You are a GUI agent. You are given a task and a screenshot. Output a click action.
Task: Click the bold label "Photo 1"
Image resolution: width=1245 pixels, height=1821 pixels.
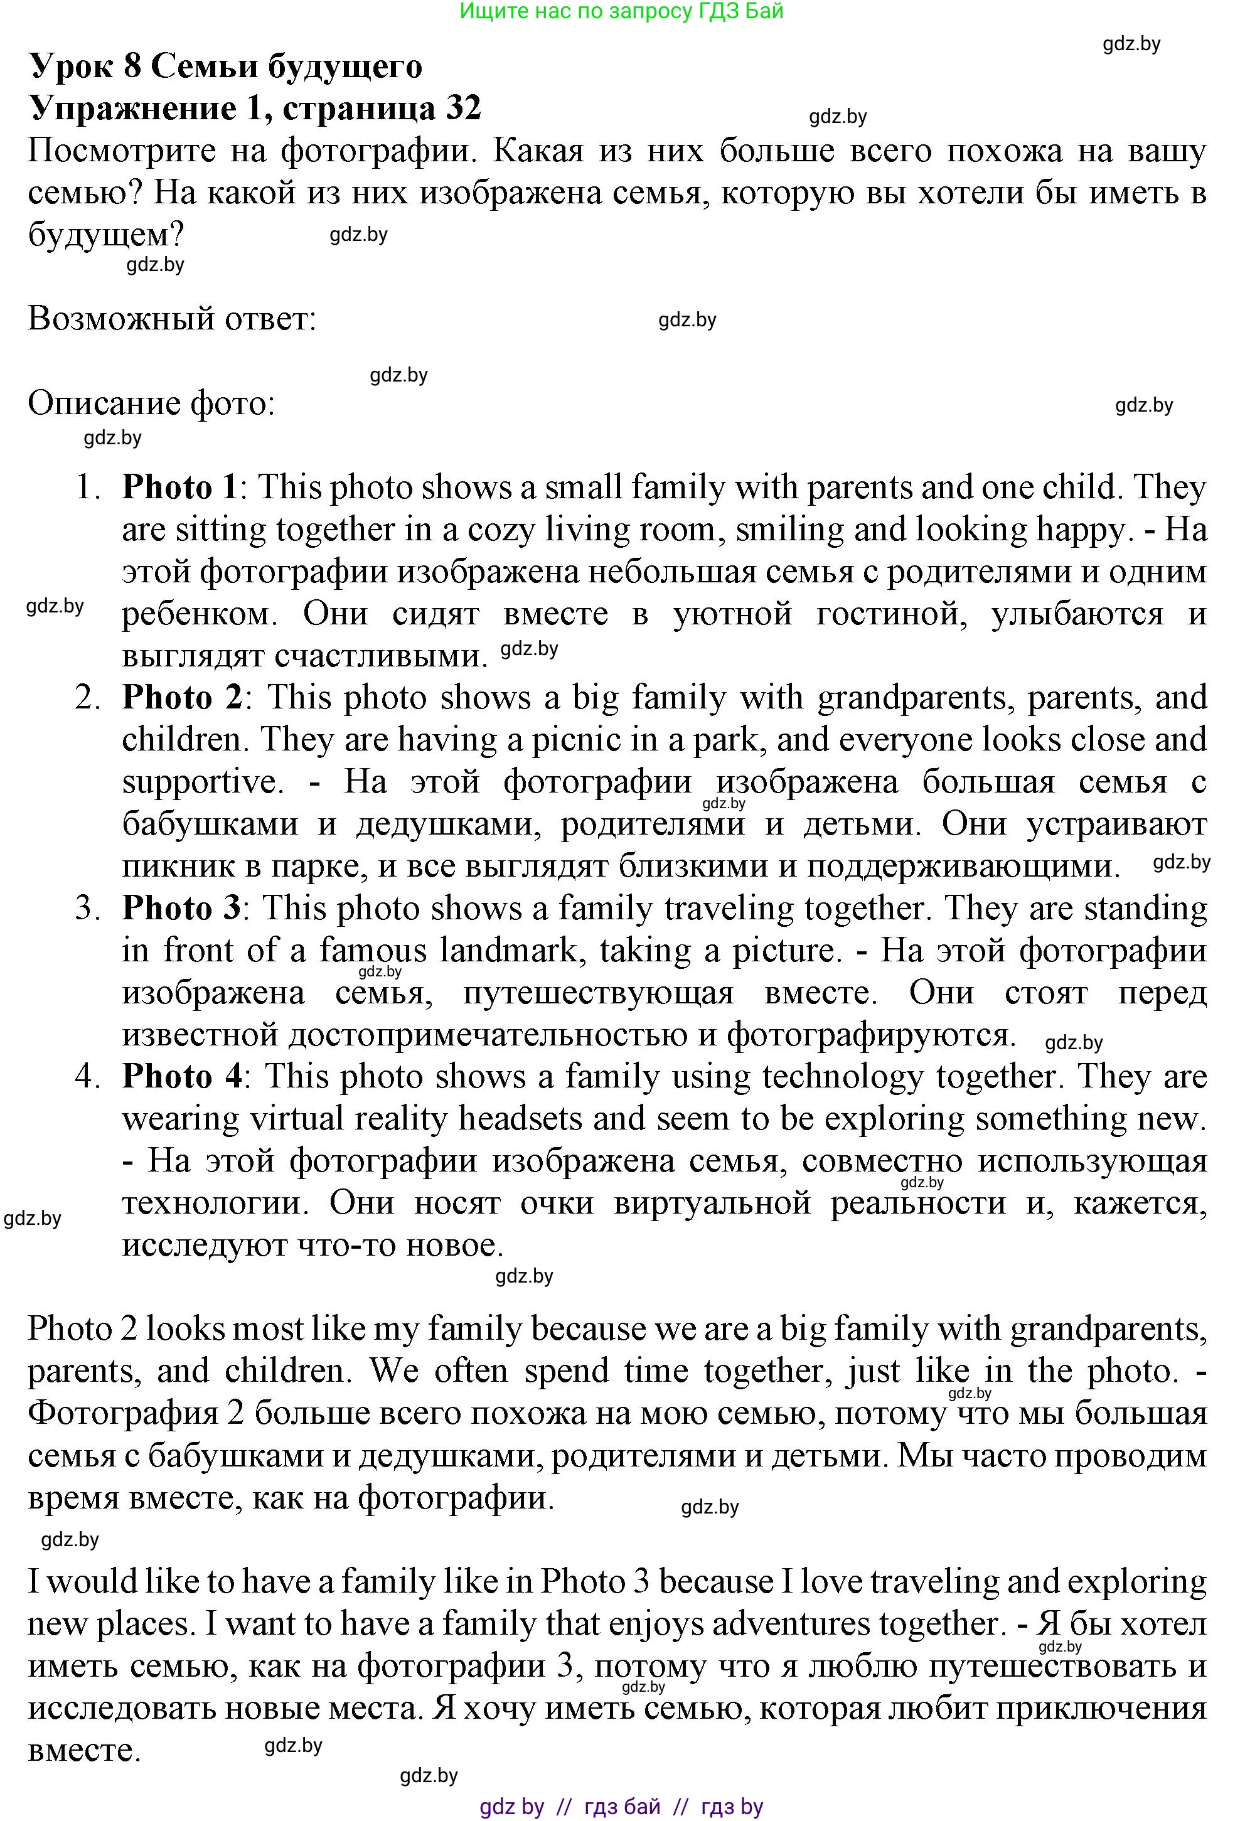[179, 488]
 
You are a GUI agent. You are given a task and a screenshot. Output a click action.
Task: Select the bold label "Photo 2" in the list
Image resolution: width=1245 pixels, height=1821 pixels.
[183, 697]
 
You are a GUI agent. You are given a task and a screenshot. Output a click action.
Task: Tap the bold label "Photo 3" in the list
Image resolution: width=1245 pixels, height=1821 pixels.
[182, 908]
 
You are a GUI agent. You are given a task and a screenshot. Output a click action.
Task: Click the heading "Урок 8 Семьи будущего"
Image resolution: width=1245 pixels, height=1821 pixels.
[226, 66]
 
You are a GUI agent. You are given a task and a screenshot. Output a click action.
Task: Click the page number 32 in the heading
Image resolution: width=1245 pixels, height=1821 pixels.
[463, 107]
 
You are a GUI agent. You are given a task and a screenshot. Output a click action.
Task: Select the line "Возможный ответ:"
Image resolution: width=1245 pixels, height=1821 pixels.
[171, 318]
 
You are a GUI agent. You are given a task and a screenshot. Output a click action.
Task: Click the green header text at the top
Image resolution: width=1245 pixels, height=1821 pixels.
[621, 11]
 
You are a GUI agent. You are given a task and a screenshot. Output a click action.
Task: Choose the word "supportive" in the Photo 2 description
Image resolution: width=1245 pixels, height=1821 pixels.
[202, 782]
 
